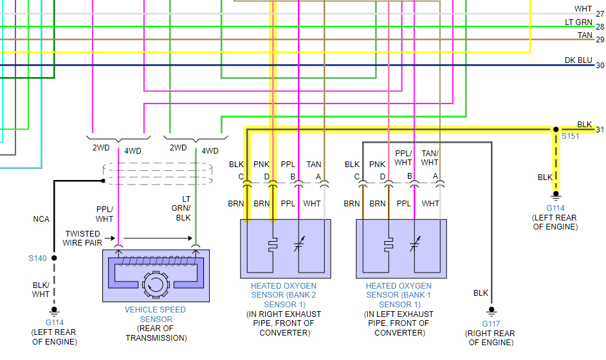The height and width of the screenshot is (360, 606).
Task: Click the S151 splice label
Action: pyautogui.click(x=570, y=137)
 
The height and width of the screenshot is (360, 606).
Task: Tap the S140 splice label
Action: pyautogui.click(x=37, y=258)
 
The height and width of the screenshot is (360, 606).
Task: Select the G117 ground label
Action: pyautogui.click(x=490, y=323)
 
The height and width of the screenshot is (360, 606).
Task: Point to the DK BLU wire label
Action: pyautogui.click(x=578, y=60)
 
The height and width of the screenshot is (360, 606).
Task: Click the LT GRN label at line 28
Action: pyautogui.click(x=578, y=23)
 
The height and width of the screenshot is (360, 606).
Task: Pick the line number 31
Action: pyautogui.click(x=600, y=130)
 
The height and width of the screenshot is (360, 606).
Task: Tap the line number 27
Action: pyautogui.click(x=600, y=14)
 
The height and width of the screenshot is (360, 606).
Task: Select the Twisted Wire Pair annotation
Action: pyautogui.click(x=82, y=238)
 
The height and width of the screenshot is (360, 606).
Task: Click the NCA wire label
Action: pyautogui.click(x=41, y=219)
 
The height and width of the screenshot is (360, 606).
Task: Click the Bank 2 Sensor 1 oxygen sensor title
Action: pyautogui.click(x=284, y=295)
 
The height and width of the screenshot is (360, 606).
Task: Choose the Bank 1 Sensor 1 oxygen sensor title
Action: pyautogui.click(x=399, y=295)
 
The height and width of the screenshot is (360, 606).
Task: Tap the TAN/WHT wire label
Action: pyautogui.click(x=430, y=158)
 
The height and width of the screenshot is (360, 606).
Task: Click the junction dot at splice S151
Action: pyautogui.click(x=556, y=129)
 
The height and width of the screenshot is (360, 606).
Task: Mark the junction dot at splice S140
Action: pyautogui.click(x=54, y=258)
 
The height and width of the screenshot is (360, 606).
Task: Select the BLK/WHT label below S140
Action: pyautogui.click(x=41, y=289)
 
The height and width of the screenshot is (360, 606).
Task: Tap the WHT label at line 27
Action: pyautogui.click(x=583, y=9)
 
